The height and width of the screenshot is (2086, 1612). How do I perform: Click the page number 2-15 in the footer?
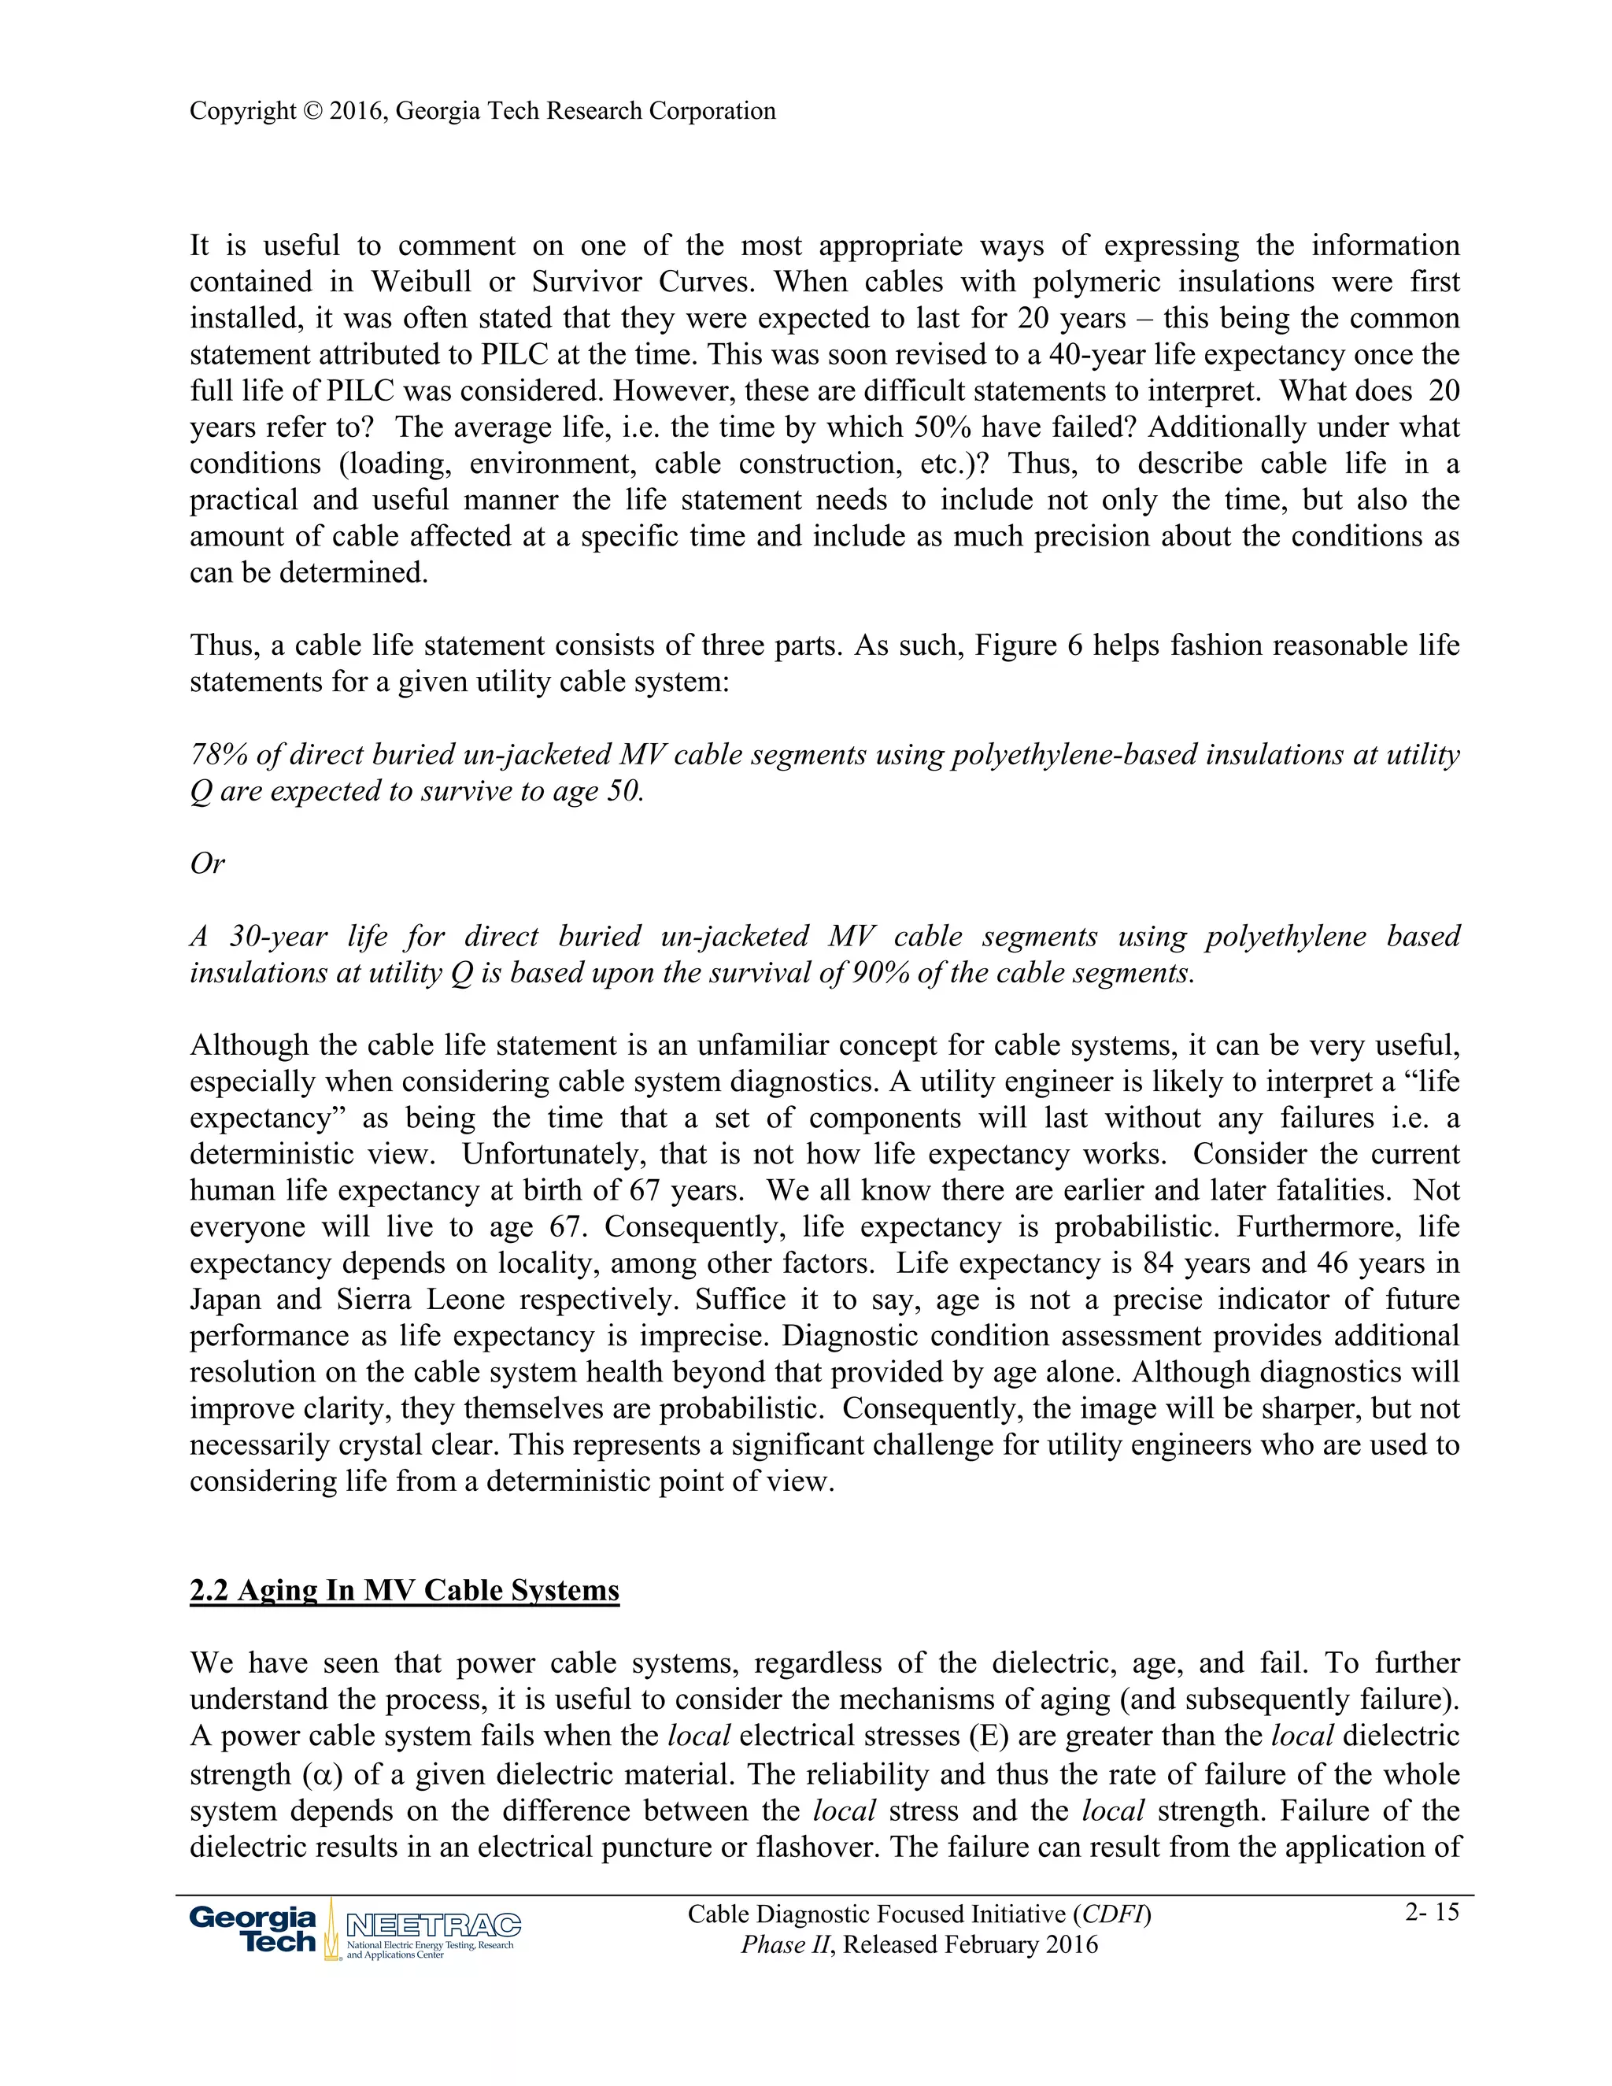1432,1911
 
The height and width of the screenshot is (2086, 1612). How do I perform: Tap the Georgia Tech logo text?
253,1929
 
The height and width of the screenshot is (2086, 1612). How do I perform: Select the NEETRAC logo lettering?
433,1925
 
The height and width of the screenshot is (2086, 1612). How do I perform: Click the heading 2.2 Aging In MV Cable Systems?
404,1590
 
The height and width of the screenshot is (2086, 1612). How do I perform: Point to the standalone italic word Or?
207,864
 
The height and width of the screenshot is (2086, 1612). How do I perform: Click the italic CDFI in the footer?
1111,1914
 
